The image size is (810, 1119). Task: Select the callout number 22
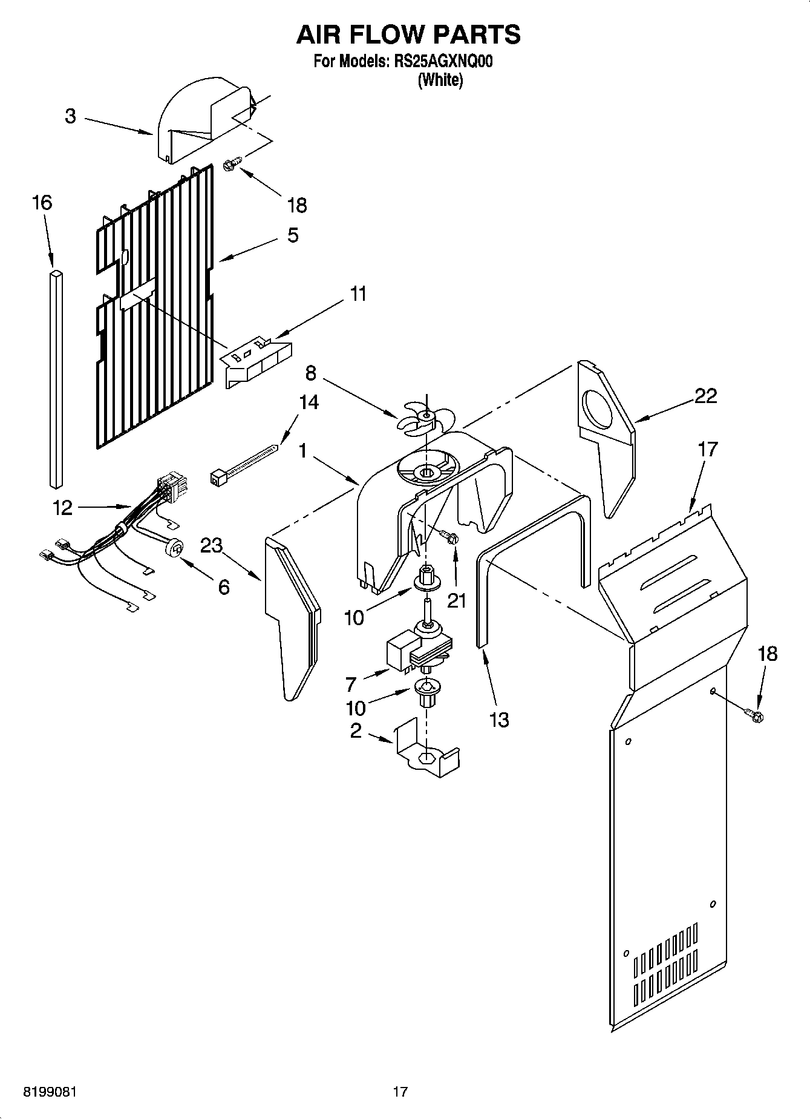point(705,396)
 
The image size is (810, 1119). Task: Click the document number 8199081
point(50,1092)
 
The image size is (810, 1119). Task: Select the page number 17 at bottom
point(400,1092)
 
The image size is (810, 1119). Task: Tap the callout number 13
point(500,720)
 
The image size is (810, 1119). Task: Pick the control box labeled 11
point(256,362)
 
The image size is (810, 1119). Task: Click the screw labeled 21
point(449,537)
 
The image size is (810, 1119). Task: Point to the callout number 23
point(211,545)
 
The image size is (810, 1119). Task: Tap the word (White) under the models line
point(440,80)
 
